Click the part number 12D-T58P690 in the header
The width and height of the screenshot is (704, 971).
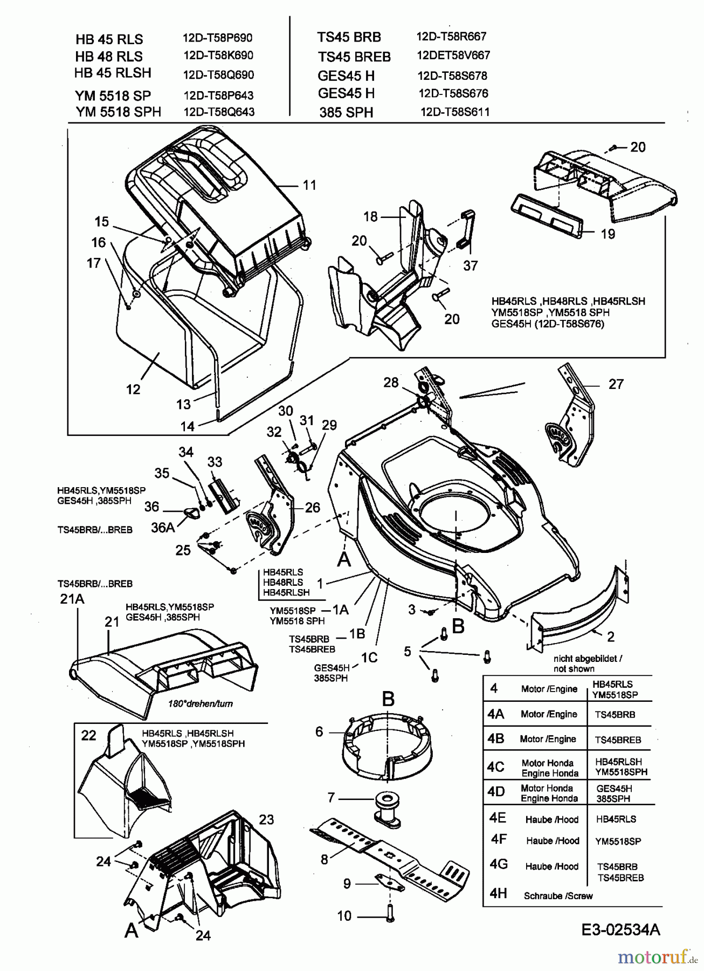click(218, 38)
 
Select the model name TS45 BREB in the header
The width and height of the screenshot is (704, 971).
click(354, 56)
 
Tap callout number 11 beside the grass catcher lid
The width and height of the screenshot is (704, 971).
click(309, 186)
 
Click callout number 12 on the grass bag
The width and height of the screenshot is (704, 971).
click(133, 389)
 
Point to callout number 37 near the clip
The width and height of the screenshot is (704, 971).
click(471, 265)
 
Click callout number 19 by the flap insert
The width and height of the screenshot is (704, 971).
click(608, 234)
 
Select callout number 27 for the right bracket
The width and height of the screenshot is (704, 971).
click(616, 384)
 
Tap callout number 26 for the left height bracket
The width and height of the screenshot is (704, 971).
click(312, 507)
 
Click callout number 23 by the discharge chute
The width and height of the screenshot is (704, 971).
click(266, 819)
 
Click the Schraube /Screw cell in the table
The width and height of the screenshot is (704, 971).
click(558, 896)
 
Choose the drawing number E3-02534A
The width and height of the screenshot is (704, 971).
click(620, 929)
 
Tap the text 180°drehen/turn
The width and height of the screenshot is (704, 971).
click(200, 703)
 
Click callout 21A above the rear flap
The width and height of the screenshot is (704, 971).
click(72, 599)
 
